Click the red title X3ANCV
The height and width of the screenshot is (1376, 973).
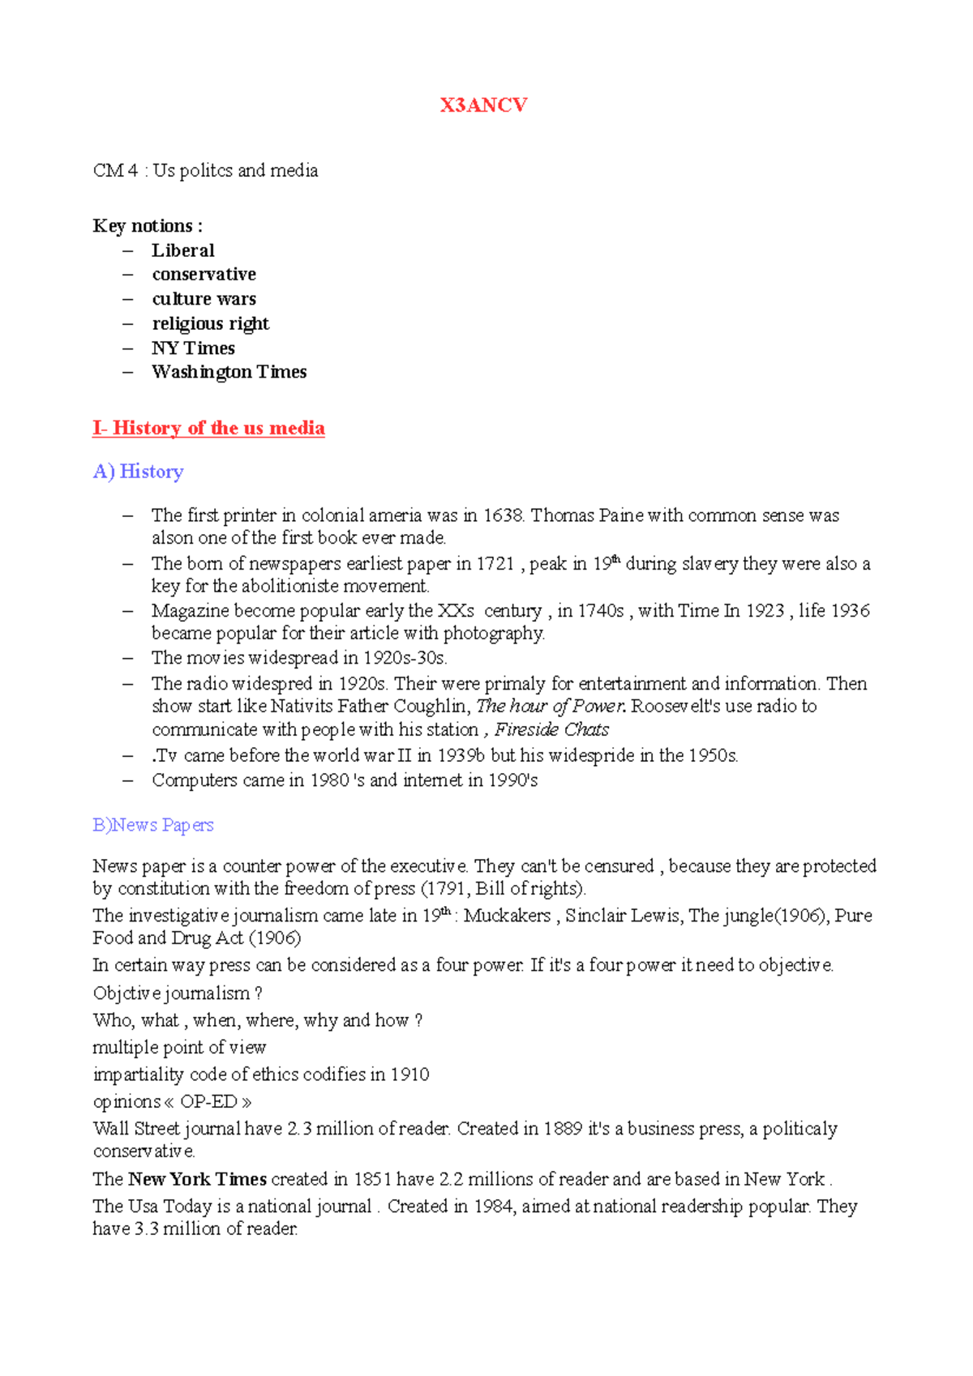pos(483,105)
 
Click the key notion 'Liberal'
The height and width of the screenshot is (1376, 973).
pos(183,250)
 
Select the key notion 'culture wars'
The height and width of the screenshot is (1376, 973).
pos(204,299)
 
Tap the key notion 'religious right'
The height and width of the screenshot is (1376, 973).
pos(210,323)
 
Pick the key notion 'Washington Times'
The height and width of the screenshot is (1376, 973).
pos(229,372)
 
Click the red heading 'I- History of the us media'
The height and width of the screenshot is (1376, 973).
pos(208,428)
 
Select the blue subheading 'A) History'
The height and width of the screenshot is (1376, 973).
pos(138,472)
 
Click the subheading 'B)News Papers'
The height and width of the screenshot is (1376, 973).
pos(153,825)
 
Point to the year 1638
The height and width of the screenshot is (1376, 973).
pos(504,515)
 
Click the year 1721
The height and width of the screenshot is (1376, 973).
pos(495,564)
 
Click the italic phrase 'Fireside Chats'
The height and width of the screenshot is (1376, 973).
pos(551,729)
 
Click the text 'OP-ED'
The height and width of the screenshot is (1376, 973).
pos(208,1102)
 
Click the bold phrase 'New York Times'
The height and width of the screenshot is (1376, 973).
pos(197,1179)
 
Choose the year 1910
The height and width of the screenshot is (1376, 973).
pos(409,1075)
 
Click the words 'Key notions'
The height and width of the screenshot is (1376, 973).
pos(144,226)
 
